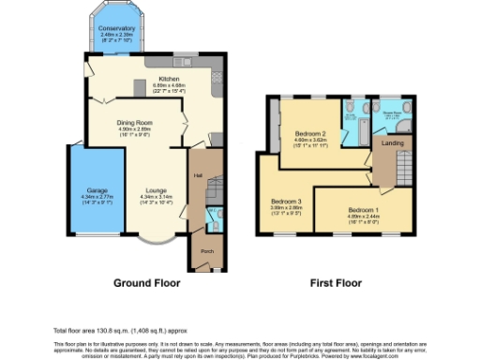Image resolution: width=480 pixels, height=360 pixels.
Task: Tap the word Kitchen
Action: coord(169,79)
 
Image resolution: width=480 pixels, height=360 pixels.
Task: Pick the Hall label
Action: coord(198,175)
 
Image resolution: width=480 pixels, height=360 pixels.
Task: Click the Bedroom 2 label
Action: coord(308,133)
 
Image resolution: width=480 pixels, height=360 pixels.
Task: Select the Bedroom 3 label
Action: coord(286,201)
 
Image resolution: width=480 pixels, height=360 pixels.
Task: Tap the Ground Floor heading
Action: coord(146,282)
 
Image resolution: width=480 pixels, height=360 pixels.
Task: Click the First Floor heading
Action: coord(336,282)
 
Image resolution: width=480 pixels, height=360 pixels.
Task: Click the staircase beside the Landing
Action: coord(404,167)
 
